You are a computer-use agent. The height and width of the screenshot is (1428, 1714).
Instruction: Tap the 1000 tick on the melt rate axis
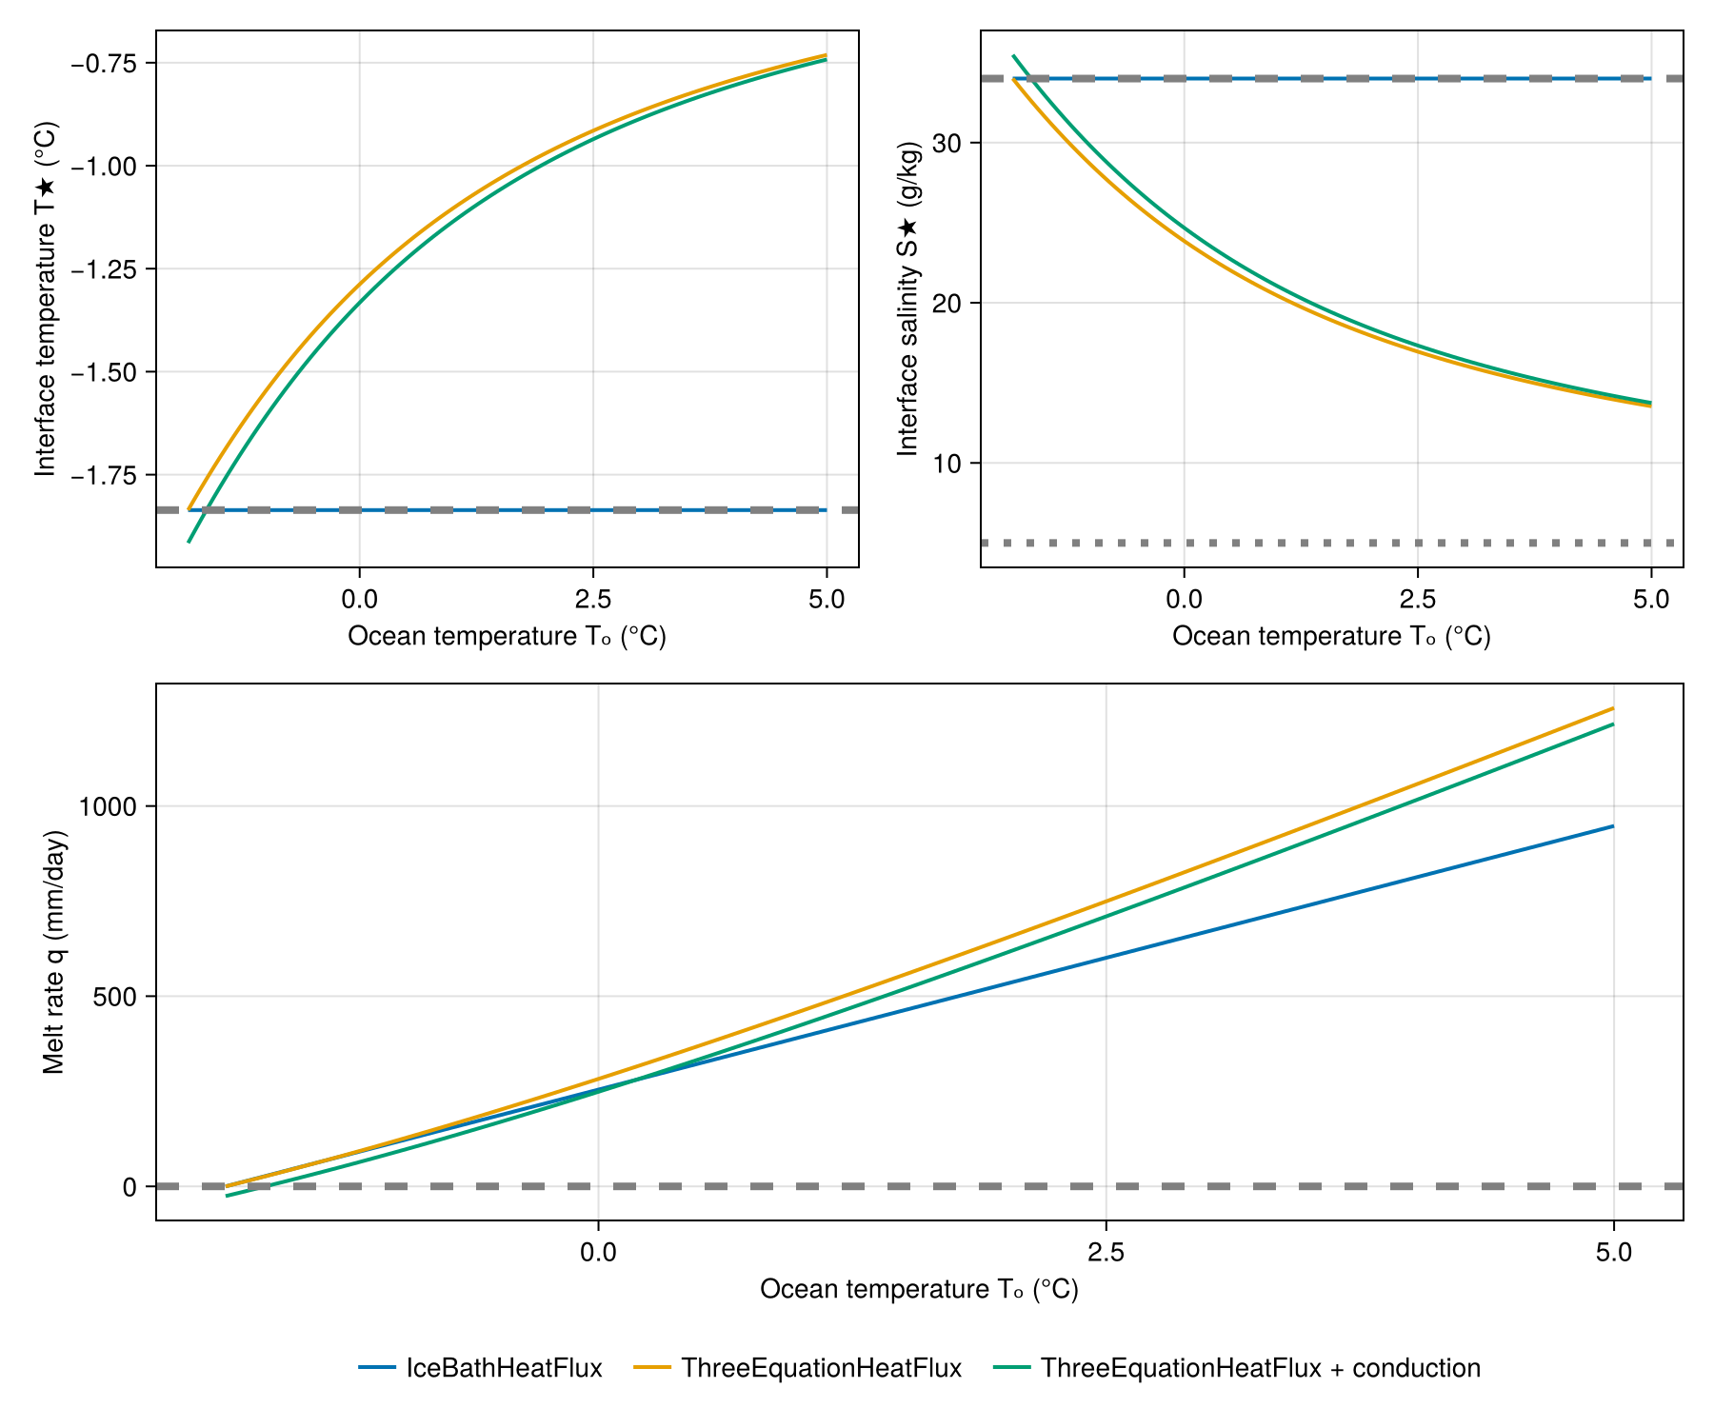click(x=109, y=807)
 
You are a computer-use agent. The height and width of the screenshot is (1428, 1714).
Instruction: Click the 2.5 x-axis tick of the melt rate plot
click(x=1106, y=1252)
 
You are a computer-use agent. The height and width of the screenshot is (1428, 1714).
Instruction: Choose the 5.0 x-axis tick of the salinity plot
click(x=1650, y=599)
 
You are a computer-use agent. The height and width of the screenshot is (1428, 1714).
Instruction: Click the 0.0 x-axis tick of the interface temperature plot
click(x=359, y=599)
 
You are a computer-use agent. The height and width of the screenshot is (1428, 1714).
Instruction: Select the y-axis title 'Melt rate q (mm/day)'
click(x=54, y=952)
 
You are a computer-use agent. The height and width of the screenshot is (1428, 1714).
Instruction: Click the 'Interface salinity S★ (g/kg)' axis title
click(x=908, y=299)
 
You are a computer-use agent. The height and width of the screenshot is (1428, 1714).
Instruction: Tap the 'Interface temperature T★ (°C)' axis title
click(x=45, y=299)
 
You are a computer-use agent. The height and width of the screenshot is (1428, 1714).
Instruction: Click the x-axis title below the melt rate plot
click(x=919, y=1289)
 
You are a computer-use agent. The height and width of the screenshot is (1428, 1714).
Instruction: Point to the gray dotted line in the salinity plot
click(x=1333, y=543)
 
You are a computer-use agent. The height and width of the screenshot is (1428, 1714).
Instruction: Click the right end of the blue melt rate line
click(x=1613, y=826)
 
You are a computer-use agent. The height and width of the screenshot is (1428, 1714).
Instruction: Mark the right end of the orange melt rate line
click(x=1613, y=708)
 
